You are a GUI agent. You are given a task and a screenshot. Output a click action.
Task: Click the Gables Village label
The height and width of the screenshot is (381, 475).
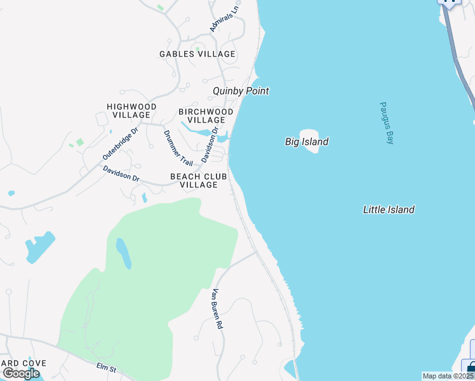point(197,55)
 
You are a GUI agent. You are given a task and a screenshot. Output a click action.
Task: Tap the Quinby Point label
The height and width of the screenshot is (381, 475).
point(241,91)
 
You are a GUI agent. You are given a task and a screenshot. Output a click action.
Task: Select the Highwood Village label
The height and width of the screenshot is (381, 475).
point(131,110)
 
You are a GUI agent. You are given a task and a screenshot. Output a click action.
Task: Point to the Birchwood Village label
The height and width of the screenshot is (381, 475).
point(206,116)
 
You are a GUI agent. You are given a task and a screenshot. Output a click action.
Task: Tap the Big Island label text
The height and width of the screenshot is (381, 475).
point(307,142)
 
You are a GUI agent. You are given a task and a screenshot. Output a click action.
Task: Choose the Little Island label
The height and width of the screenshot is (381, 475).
point(389,210)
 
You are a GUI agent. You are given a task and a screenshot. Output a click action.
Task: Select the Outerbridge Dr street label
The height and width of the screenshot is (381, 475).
point(120,144)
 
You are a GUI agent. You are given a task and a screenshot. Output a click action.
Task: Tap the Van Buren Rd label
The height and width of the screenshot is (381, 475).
point(217,309)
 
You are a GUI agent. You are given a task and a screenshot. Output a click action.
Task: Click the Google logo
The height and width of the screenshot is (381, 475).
point(21,373)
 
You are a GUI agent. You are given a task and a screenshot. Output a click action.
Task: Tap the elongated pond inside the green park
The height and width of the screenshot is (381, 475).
point(123,253)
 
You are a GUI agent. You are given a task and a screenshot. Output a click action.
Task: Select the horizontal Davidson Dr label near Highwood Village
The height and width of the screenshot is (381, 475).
point(121,173)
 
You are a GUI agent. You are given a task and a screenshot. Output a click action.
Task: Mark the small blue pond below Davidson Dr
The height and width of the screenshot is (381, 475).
point(144,197)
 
